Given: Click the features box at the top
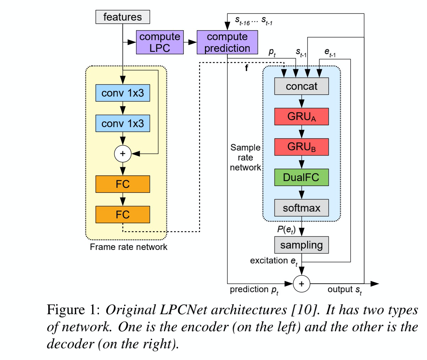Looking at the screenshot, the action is [x=123, y=17].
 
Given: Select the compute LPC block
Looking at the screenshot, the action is [x=160, y=42].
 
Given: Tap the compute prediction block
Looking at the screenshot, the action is [x=227, y=42].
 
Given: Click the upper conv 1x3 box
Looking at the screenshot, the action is [x=123, y=93].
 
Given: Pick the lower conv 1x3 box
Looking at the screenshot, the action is [x=123, y=123].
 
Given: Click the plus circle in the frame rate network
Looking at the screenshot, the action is [x=123, y=154].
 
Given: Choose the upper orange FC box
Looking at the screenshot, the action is [x=123, y=184].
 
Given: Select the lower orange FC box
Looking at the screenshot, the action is [x=123, y=214].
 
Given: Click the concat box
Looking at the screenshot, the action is [x=301, y=86].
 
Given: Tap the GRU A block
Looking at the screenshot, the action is [x=301, y=116].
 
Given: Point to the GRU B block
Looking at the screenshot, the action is [x=301, y=147].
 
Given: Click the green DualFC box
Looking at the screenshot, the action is [x=301, y=178].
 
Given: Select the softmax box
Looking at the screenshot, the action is [x=301, y=208].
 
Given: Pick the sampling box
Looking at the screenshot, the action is [x=301, y=245].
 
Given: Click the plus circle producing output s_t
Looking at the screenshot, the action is [x=301, y=284].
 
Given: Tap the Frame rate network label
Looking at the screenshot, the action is [x=128, y=247].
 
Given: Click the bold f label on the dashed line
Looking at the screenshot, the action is [x=246, y=68].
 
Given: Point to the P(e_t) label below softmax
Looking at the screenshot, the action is [x=286, y=230].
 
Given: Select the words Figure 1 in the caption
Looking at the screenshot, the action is [x=73, y=310].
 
